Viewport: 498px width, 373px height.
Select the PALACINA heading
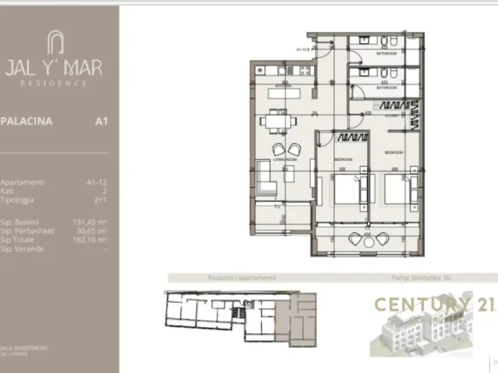pos(26,121)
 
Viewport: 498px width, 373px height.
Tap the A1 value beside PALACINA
pos(102,121)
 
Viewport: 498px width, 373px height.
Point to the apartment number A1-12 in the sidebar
pos(97,182)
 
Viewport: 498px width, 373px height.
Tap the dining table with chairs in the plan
pos(276,122)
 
